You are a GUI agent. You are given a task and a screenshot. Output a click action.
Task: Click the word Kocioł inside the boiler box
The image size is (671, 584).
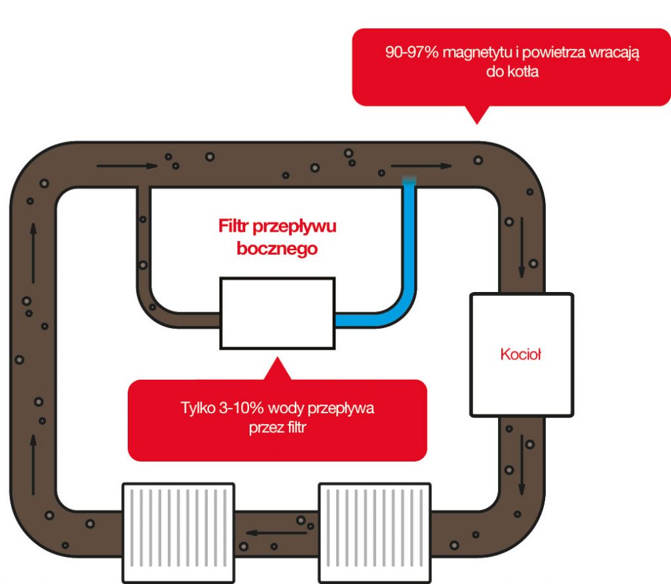[521, 356]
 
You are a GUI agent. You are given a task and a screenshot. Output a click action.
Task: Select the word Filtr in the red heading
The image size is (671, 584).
[234, 227]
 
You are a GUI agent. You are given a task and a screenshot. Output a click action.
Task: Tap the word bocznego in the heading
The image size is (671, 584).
[278, 249]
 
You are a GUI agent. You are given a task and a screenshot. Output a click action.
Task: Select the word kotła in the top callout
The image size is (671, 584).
[522, 72]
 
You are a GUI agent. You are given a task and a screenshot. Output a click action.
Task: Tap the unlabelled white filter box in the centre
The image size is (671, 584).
[278, 312]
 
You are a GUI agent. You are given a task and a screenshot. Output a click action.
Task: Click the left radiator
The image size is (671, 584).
[178, 532]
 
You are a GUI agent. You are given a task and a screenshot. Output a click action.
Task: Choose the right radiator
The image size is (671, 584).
[375, 532]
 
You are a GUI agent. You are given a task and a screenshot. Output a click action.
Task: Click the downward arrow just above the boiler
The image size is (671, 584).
[522, 246]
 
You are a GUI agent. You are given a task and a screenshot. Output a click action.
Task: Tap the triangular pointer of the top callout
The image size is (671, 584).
[478, 114]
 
